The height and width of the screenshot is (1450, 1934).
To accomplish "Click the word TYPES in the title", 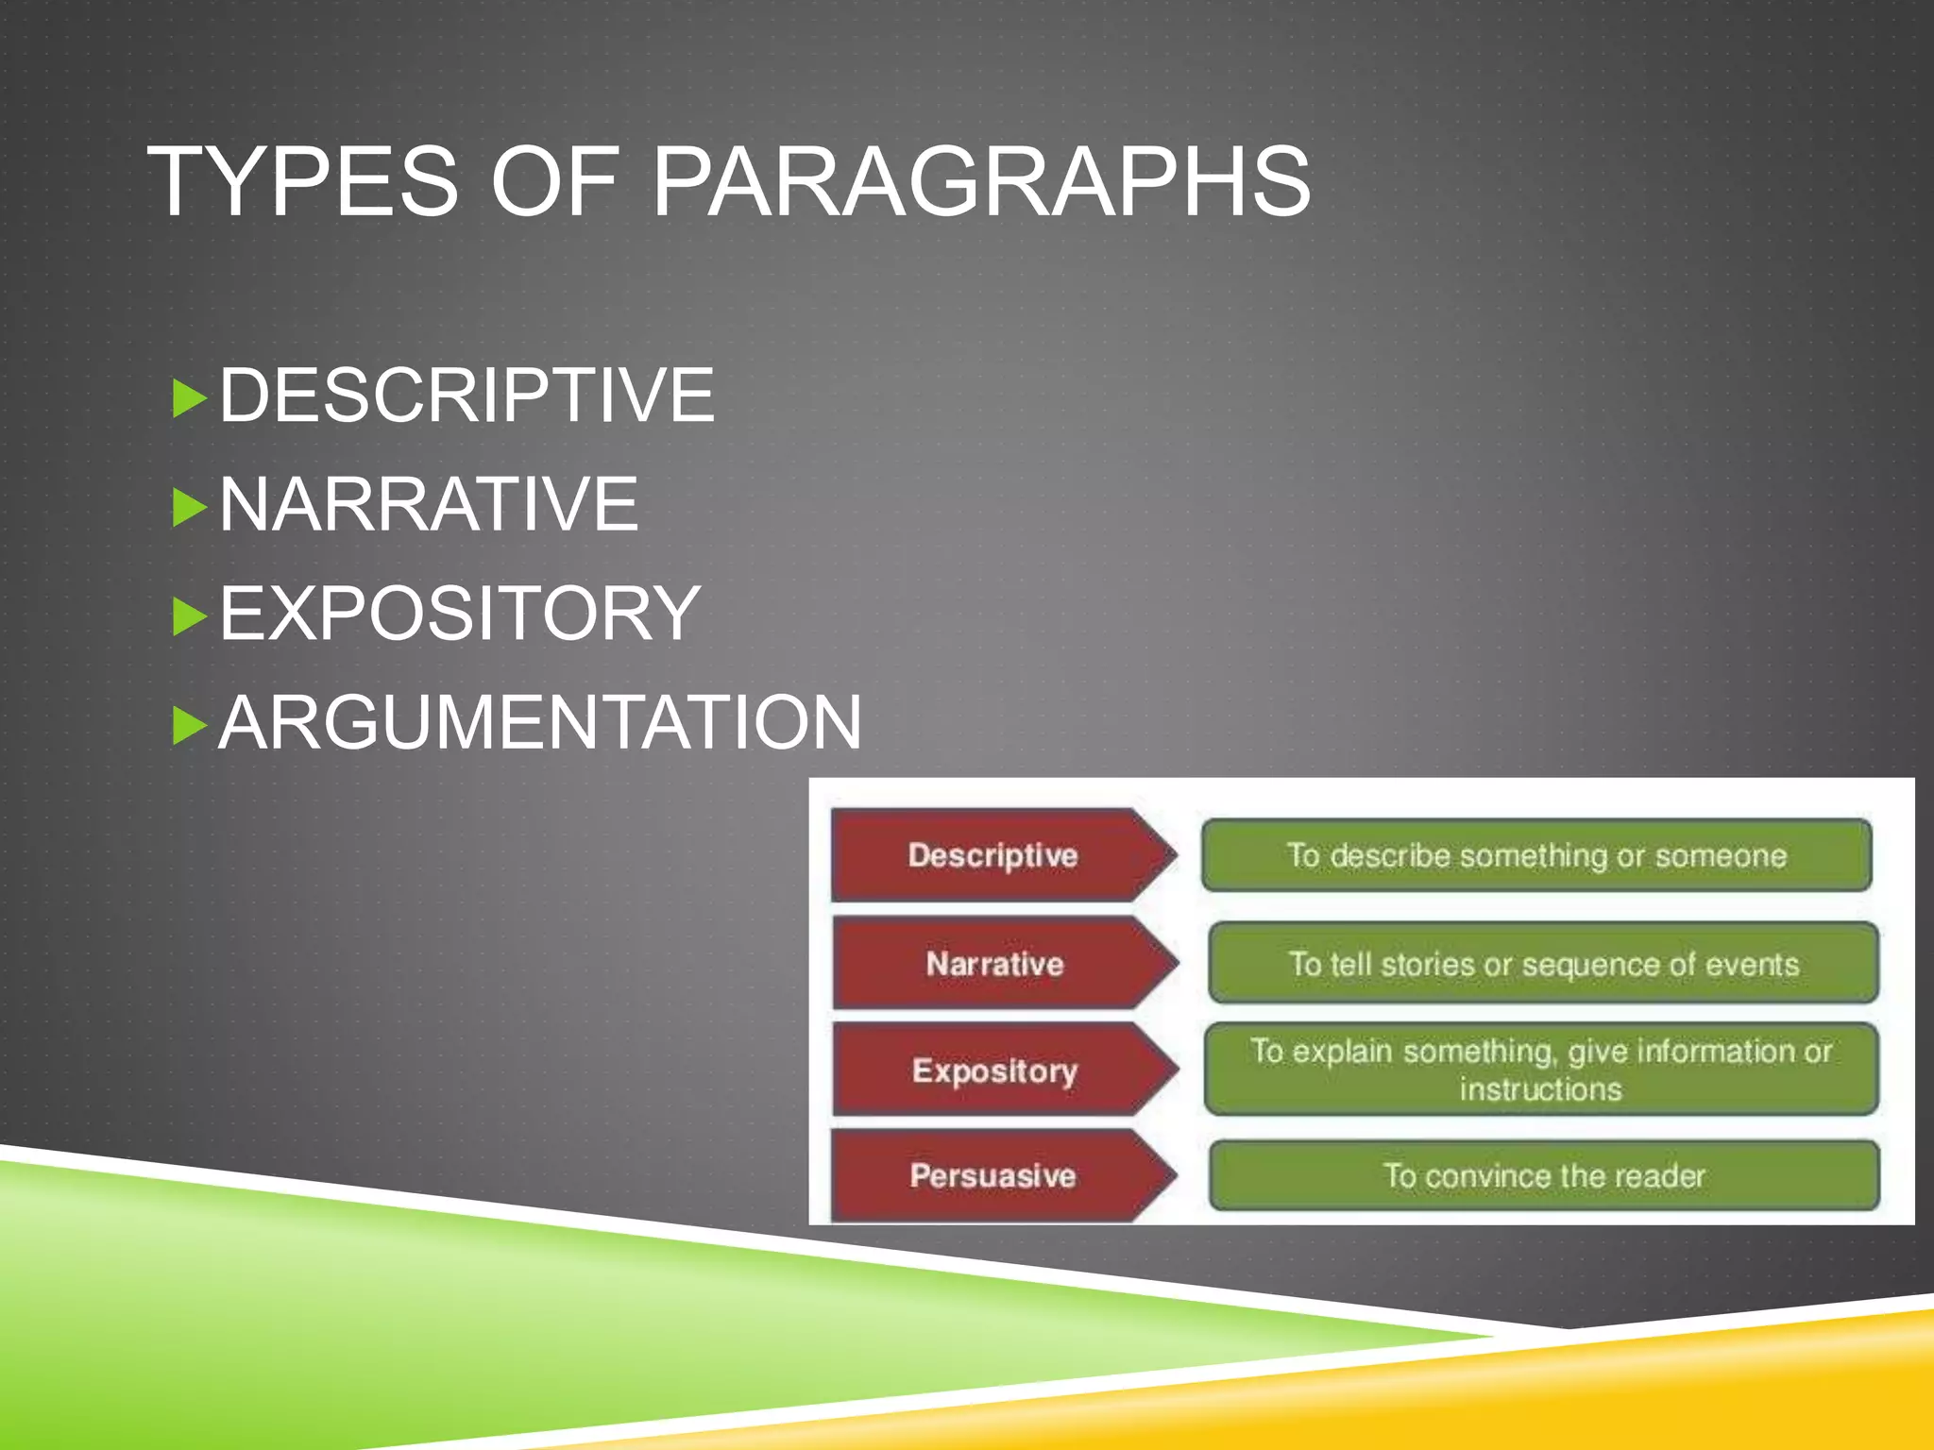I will pyautogui.click(x=303, y=181).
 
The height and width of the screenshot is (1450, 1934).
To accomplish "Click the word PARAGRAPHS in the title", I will pyautogui.click(x=981, y=181).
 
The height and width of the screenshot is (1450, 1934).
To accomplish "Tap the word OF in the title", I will pyautogui.click(x=554, y=181).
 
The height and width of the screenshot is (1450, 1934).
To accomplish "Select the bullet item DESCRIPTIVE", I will pyautogui.click(x=467, y=396).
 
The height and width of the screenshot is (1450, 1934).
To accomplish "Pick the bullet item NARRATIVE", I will pyautogui.click(x=429, y=505).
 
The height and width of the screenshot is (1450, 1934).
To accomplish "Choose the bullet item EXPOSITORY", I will pyautogui.click(x=460, y=614).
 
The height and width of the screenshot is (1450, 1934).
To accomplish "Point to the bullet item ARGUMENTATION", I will pyautogui.click(x=540, y=723).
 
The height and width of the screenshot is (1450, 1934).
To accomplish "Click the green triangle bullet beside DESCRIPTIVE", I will pyautogui.click(x=189, y=398).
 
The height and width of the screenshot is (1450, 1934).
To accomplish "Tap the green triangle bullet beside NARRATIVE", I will pyautogui.click(x=189, y=508).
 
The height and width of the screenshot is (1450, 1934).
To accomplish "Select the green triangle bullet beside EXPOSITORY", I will pyautogui.click(x=189, y=616).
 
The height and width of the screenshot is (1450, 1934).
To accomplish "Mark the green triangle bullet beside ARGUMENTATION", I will pyautogui.click(x=189, y=726).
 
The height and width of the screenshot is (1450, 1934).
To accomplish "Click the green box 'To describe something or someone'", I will pyautogui.click(x=1536, y=855).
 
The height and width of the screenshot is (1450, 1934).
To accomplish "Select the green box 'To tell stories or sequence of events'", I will pyautogui.click(x=1543, y=964).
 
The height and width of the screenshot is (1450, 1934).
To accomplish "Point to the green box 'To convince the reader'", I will pyautogui.click(x=1544, y=1175).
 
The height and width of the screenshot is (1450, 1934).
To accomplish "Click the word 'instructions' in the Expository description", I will pyautogui.click(x=1540, y=1090).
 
